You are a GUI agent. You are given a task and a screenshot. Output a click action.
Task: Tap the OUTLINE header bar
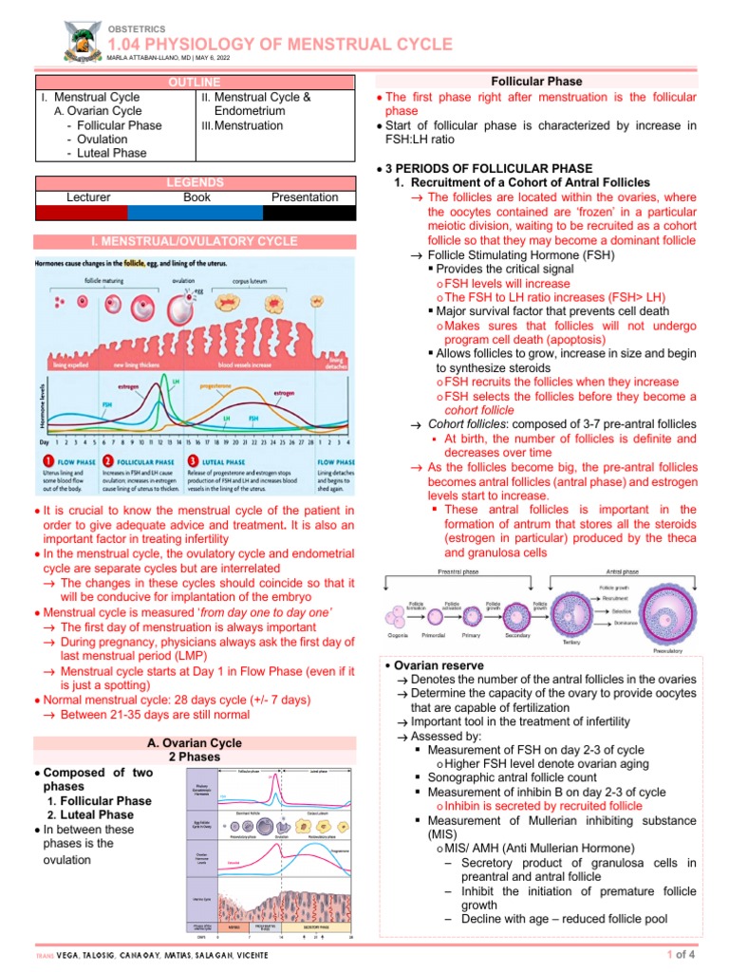[x=195, y=83]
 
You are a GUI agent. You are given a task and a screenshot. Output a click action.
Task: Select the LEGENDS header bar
[x=195, y=182]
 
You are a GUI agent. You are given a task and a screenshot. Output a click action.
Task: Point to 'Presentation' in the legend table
[x=304, y=197]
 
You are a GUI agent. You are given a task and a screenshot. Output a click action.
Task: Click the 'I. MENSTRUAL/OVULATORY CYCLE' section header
[x=195, y=241]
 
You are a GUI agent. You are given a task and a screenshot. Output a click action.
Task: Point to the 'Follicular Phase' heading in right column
[x=536, y=83]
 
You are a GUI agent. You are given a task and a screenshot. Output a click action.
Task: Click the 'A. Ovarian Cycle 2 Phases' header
[x=195, y=750]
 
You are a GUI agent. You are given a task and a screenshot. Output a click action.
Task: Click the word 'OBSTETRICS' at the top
[x=138, y=28]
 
